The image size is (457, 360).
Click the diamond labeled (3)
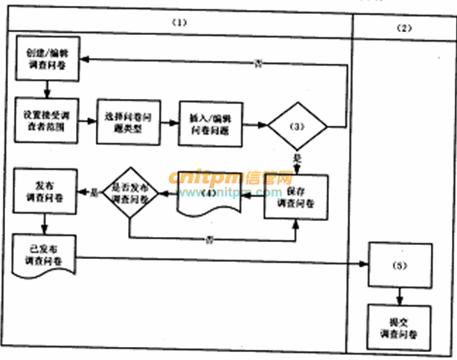click(297, 127)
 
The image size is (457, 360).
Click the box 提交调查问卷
click(398, 328)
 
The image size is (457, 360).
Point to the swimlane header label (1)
click(179, 23)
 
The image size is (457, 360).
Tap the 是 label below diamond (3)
click(296, 157)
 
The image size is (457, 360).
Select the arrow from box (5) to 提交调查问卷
click(398, 296)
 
